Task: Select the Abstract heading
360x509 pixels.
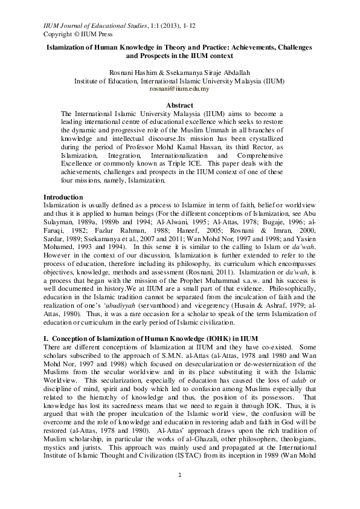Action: click(x=179, y=105)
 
